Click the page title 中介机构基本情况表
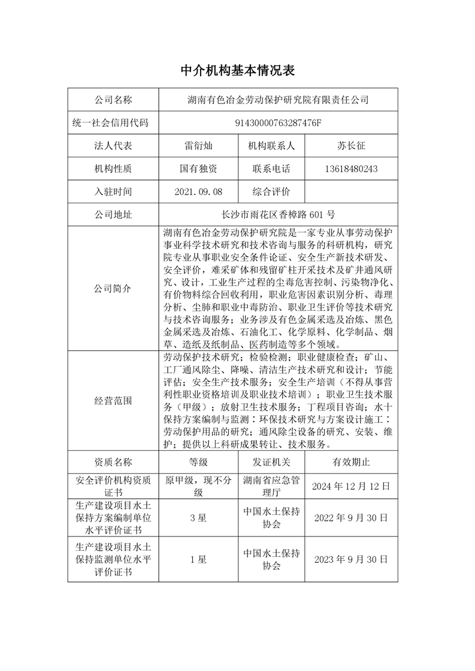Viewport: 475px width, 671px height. pyautogui.click(x=238, y=71)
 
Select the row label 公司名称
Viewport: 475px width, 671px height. pyautogui.click(x=113, y=100)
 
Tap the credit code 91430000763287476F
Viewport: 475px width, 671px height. pyautogui.click(x=277, y=123)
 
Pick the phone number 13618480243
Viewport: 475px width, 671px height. pyautogui.click(x=352, y=169)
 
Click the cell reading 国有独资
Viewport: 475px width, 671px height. pyautogui.click(x=198, y=169)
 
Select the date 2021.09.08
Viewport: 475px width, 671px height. pyautogui.click(x=198, y=192)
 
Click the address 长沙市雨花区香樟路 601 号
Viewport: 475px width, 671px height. pyautogui.click(x=277, y=215)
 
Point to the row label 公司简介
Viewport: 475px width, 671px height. pyautogui.click(x=113, y=288)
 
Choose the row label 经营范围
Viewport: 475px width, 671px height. pyautogui.click(x=113, y=401)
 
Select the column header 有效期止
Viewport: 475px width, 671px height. pyautogui.click(x=352, y=462)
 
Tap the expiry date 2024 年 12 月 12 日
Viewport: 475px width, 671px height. pyautogui.click(x=352, y=486)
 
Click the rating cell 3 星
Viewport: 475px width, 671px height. pyautogui.click(x=198, y=517)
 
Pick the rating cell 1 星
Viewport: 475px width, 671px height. pyautogui.click(x=198, y=560)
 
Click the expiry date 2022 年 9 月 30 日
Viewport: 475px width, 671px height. pyautogui.click(x=352, y=517)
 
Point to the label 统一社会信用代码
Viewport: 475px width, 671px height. pyautogui.click(x=113, y=123)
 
